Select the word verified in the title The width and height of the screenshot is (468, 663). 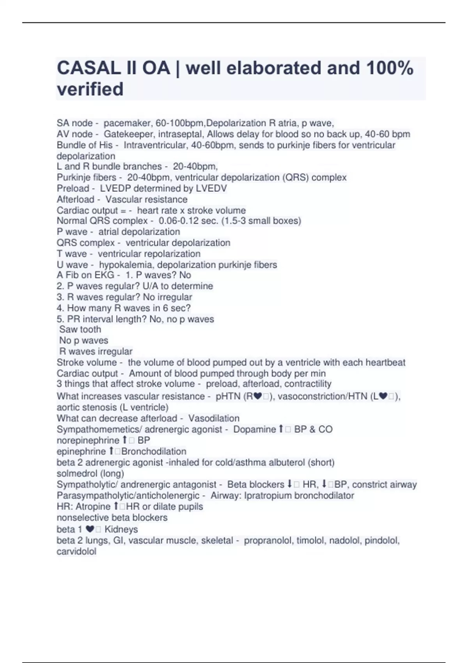tap(90, 89)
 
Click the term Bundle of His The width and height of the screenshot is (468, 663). tap(85, 145)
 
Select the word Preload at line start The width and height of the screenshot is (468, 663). tap(73, 188)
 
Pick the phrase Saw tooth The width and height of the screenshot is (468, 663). tap(80, 330)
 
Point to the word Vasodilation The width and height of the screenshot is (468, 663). tap(214, 418)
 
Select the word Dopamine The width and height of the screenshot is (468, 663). tap(255, 429)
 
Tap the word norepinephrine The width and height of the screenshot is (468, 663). tap(88, 440)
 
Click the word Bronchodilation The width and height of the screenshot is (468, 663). tap(154, 452)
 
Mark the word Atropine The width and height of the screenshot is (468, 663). tap(93, 507)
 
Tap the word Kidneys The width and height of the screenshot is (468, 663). tap(121, 529)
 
